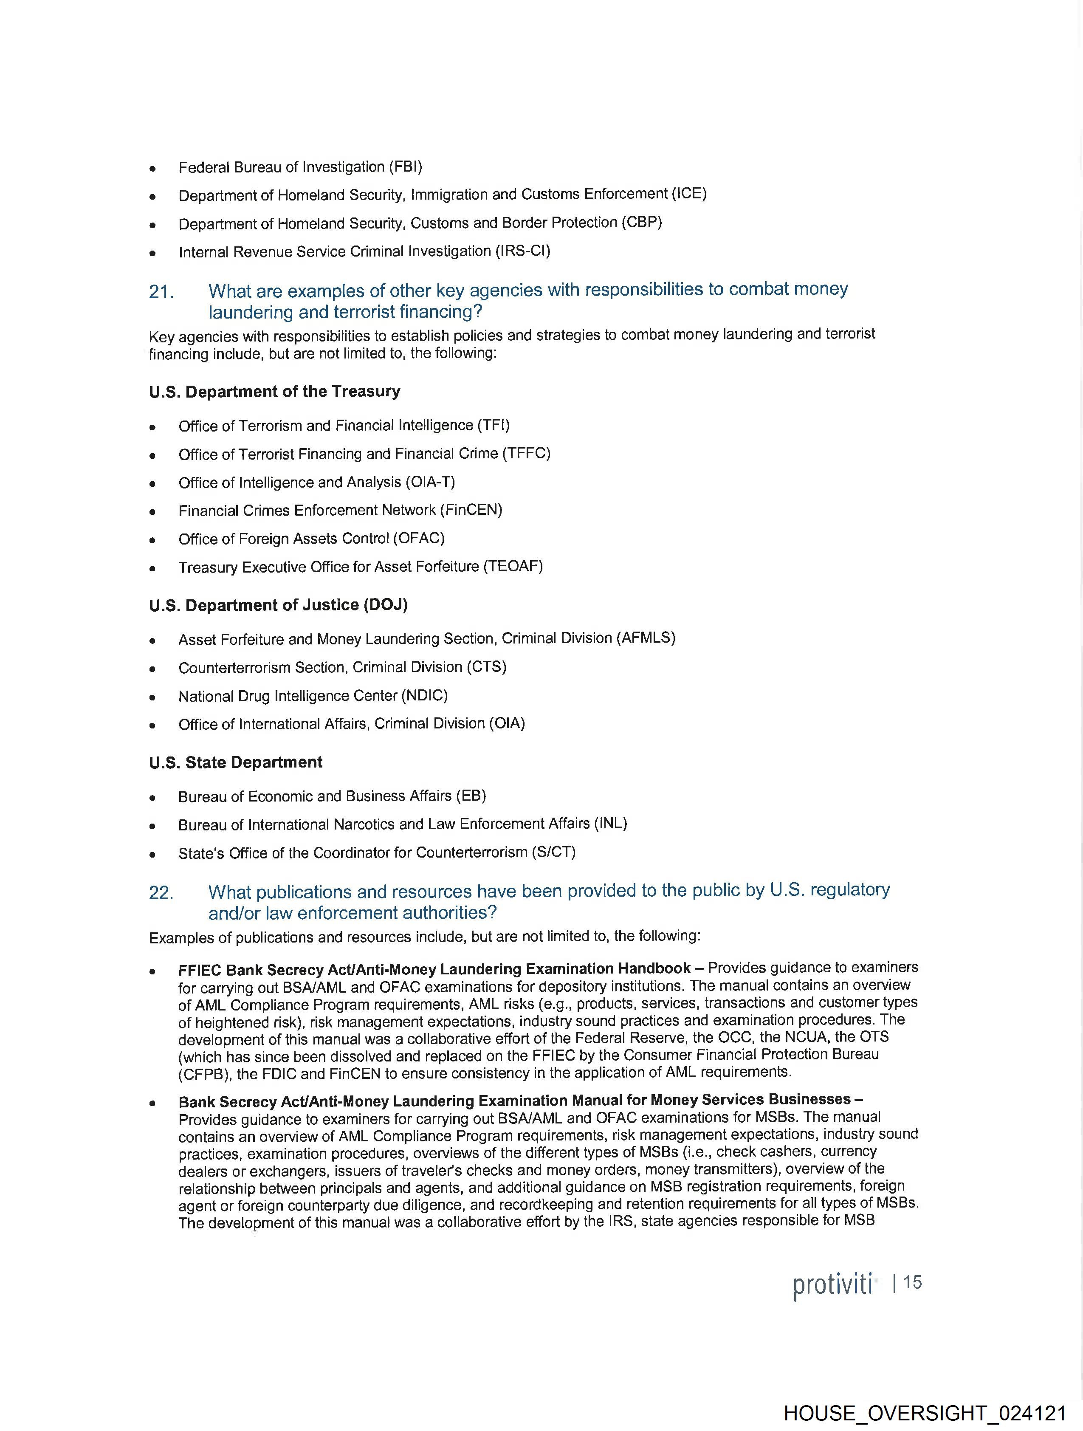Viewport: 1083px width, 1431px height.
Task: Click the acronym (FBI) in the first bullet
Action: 405,167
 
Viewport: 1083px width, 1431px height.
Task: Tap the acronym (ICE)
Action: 689,193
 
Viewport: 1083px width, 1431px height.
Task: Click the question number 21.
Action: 161,292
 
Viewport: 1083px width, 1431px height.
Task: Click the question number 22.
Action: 161,893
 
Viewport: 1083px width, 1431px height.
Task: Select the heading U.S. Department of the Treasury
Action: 274,391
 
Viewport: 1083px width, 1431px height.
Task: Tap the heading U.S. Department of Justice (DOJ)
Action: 278,605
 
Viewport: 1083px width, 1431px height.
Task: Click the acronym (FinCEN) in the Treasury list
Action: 471,510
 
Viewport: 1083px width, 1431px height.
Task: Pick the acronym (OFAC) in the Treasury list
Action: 419,538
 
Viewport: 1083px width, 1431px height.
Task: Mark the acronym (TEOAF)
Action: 513,566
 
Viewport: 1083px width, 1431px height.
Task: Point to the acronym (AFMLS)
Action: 645,638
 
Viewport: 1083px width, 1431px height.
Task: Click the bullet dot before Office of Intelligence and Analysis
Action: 152,483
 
